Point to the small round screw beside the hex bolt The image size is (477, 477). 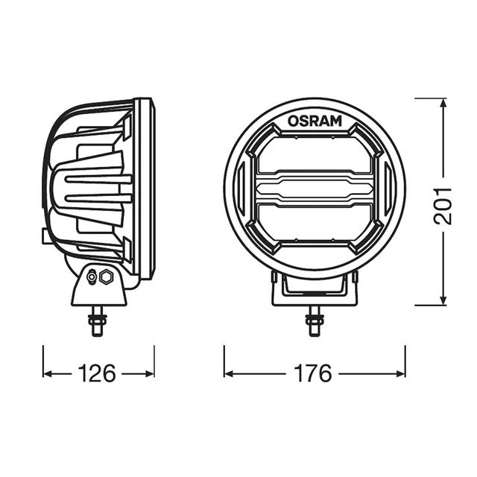pyautogui.click(x=92, y=277)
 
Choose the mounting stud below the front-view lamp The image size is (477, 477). pyautogui.click(x=314, y=322)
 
